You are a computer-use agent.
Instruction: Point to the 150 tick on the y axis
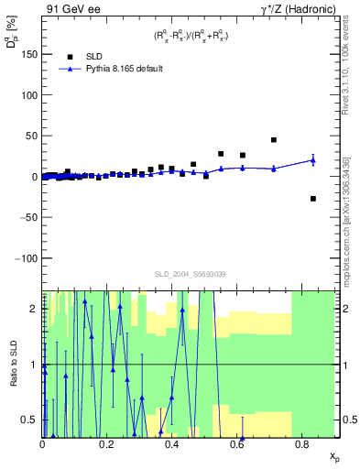point(27,54)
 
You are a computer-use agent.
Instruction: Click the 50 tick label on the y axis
point(30,136)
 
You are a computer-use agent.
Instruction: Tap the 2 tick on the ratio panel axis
point(36,309)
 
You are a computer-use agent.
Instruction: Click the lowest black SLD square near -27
point(313,199)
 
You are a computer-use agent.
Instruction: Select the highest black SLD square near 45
point(274,140)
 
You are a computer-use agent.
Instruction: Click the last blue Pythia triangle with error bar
point(313,160)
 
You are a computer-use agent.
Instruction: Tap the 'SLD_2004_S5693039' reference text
point(189,274)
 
